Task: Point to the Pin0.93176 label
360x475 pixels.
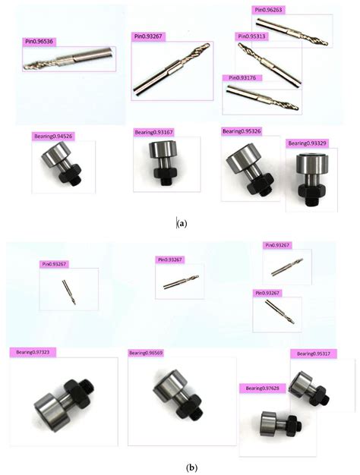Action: (x=242, y=77)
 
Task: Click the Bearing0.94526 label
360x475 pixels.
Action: (x=53, y=137)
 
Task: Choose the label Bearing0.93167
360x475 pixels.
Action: (x=153, y=133)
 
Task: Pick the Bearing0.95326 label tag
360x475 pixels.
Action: (x=242, y=131)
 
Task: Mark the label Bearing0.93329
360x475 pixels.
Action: (x=307, y=143)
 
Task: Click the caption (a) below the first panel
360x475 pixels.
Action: (x=181, y=223)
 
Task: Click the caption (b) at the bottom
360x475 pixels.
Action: (x=180, y=468)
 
